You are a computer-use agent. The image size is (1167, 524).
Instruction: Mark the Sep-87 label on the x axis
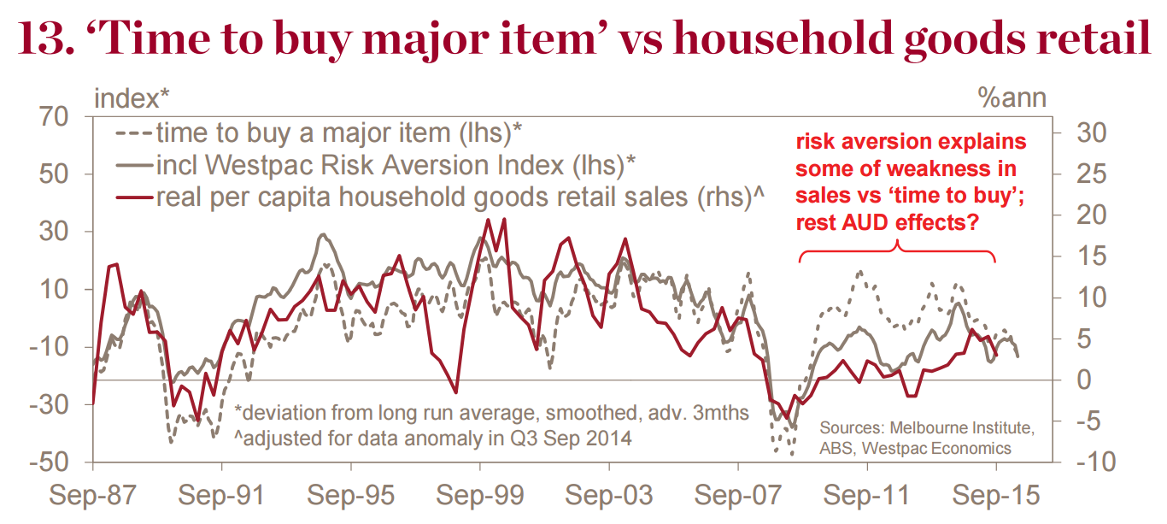[92, 495]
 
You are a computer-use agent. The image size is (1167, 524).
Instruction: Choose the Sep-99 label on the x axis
[480, 495]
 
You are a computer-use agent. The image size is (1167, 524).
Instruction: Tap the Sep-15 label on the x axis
[995, 495]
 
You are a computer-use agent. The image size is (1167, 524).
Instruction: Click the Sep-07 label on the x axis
[738, 495]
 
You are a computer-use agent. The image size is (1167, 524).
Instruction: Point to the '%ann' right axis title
[1012, 98]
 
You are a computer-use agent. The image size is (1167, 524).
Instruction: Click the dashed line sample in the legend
[132, 133]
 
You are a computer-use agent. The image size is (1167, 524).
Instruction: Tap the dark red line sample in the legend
[132, 197]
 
